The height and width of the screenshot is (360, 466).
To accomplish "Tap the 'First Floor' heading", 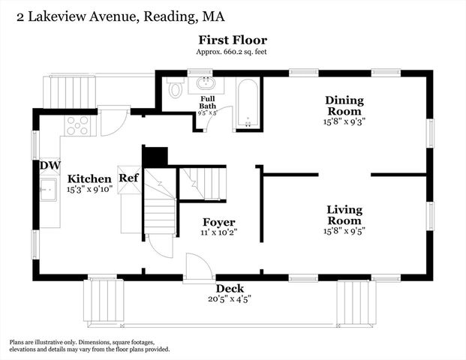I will click(x=233, y=40).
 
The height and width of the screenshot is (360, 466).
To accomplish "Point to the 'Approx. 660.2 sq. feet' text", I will click(x=233, y=52).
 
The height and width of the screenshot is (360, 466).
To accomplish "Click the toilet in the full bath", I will click(x=176, y=89).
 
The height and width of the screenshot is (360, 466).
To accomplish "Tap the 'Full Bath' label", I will click(x=206, y=102).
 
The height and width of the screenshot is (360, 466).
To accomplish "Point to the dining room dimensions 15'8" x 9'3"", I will click(x=344, y=121).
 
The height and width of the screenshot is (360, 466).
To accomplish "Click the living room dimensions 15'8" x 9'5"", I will click(x=344, y=231).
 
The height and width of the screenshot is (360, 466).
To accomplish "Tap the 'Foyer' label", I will click(x=219, y=223).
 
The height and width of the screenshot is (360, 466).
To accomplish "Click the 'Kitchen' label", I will click(x=89, y=178).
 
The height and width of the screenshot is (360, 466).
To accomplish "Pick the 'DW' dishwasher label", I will click(x=50, y=166).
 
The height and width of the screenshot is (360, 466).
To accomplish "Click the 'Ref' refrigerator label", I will click(x=128, y=178).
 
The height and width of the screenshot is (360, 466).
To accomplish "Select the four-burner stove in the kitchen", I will click(x=77, y=124).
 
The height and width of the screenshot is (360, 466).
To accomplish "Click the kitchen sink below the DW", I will click(x=50, y=190).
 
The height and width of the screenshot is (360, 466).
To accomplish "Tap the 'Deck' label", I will click(x=230, y=288).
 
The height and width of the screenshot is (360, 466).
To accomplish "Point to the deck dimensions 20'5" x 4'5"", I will click(x=230, y=298).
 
